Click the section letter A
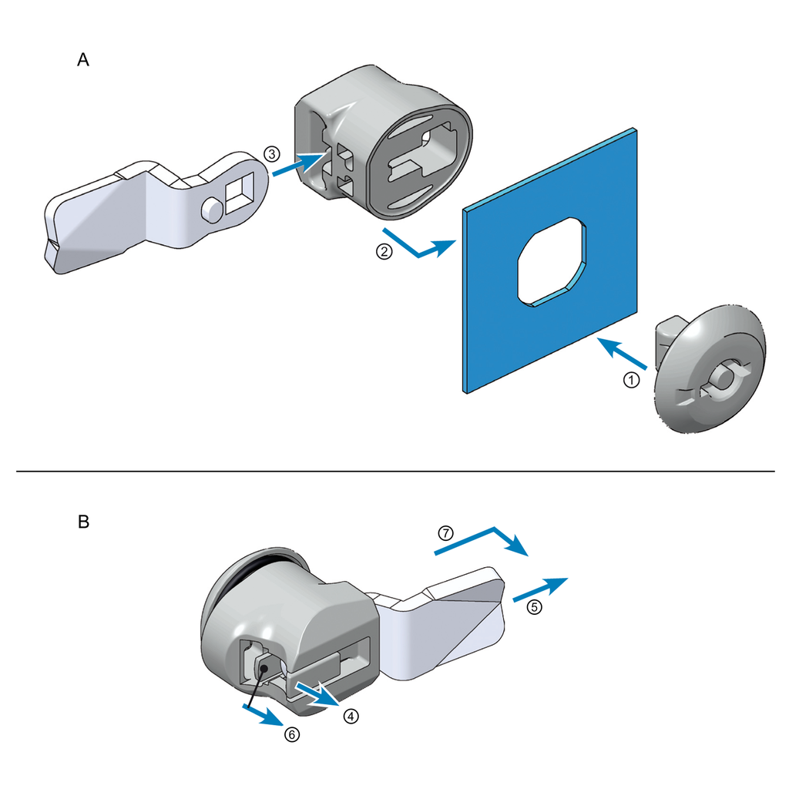coord(83,60)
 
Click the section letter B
coord(83,522)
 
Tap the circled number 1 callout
coord(630,380)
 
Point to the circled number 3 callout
coord(270,153)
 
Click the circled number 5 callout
coord(534,606)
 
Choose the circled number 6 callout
coord(291,734)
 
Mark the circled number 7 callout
coord(445,532)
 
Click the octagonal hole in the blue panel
coord(553,263)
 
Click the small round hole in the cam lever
coord(210,207)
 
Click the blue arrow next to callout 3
coord(299,163)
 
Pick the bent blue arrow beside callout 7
coord(485,540)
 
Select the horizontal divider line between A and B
coord(394,471)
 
